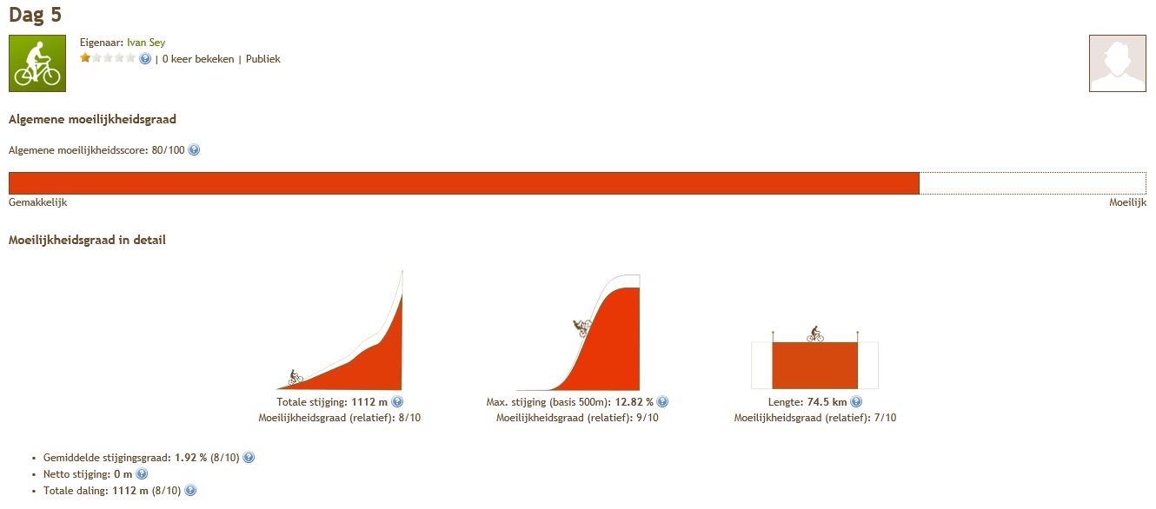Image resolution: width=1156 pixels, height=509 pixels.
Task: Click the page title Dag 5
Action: coord(35,15)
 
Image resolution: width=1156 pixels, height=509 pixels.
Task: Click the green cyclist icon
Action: coord(37,63)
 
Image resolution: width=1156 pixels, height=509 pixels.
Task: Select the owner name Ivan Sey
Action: coord(146,43)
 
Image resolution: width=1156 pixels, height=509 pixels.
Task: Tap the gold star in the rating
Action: coord(85,57)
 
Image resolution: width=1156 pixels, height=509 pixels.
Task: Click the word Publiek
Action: coord(262,59)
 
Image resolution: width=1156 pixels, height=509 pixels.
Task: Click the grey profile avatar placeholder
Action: coord(1117,63)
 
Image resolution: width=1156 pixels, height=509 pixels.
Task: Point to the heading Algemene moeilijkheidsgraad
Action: coord(92,119)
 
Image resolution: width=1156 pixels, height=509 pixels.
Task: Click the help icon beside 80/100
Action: coord(194,149)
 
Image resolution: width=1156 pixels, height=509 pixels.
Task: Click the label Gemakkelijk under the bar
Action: coord(37,202)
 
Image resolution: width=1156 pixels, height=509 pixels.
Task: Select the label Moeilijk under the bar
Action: coord(1127,202)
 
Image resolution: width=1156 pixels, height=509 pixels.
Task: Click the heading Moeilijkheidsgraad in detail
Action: coord(87,240)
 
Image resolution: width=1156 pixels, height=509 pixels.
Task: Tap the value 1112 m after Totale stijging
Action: coord(369,402)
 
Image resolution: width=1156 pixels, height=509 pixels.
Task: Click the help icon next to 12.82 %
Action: coord(662,401)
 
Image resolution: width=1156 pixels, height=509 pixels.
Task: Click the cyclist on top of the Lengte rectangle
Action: coord(815,334)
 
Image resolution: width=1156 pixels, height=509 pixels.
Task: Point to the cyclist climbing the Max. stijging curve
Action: coord(582,327)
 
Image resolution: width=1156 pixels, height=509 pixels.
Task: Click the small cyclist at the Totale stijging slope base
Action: coord(296,377)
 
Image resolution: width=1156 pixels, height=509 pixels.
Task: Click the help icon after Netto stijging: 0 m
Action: coord(142,473)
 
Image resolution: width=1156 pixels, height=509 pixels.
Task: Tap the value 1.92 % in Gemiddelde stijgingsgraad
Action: coord(190,458)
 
